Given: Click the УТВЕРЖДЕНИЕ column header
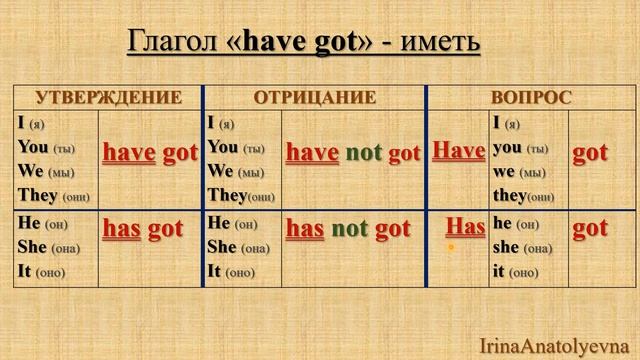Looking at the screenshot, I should (108, 97).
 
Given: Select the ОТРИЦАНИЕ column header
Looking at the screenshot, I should (314, 97).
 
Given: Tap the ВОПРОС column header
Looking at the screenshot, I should (531, 97).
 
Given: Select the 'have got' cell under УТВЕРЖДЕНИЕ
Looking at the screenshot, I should (150, 153).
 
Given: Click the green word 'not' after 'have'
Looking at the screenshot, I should (365, 153).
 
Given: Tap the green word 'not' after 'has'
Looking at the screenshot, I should (350, 228).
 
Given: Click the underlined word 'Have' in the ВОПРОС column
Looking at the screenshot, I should (459, 151).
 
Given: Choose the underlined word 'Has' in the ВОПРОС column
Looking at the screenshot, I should (466, 226).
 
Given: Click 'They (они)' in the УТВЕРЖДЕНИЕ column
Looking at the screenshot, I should (54, 196).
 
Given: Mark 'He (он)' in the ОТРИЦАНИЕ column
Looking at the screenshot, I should (232, 222).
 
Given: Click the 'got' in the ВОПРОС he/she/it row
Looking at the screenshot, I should (590, 228).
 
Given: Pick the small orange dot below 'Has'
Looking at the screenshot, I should (451, 247).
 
